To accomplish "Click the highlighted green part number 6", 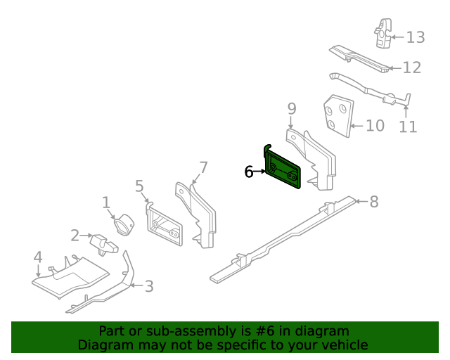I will (284, 169).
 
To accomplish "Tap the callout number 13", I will (416, 37).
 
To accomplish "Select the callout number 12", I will (411, 67).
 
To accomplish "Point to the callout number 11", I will (408, 127).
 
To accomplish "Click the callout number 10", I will (375, 126).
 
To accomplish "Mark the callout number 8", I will (373, 202).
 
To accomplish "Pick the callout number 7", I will (203, 167).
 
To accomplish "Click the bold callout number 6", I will (249, 172).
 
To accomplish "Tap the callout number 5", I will (139, 186).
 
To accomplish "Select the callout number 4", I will (38, 258).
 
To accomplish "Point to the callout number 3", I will (148, 286).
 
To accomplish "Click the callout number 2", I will (75, 236).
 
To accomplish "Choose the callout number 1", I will (106, 203).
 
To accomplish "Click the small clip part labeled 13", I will (383, 33).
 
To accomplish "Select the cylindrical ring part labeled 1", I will (124, 224).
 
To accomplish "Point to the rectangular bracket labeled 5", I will (164, 227).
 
